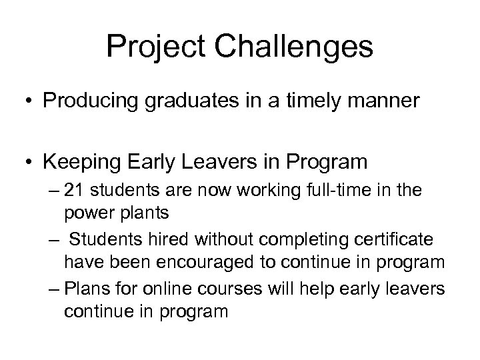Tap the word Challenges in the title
click(295, 48)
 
